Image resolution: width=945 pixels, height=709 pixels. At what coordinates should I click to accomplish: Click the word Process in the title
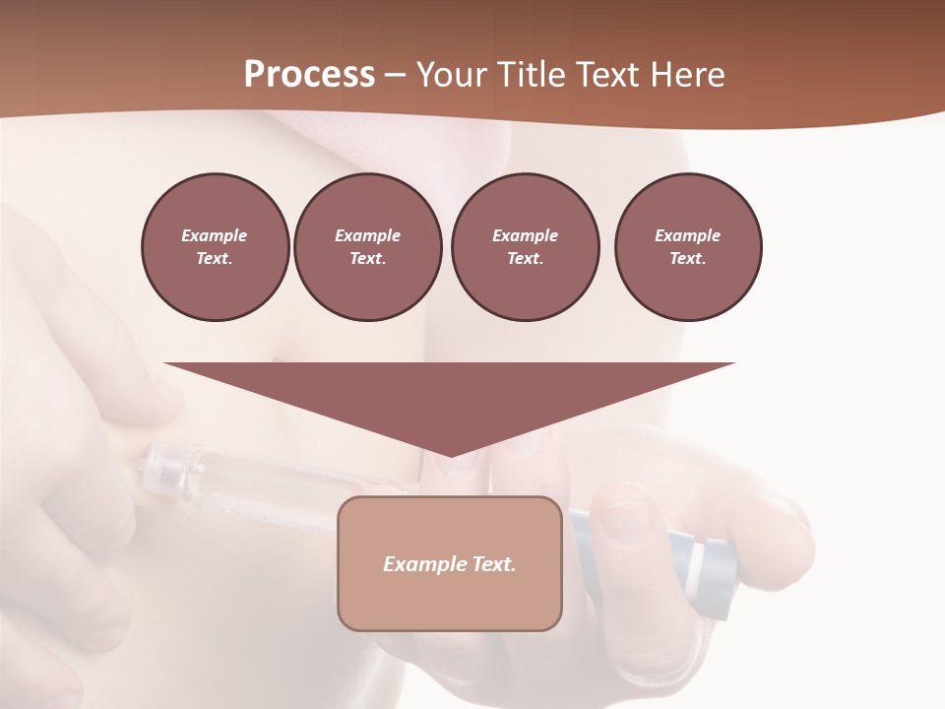click(x=309, y=75)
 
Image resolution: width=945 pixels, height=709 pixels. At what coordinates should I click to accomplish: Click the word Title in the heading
click(x=530, y=75)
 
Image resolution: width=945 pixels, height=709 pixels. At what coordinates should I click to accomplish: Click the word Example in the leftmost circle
click(x=215, y=235)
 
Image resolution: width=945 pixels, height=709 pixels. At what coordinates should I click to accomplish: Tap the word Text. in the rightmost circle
click(x=688, y=258)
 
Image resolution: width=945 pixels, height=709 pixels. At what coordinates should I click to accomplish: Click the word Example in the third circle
click(x=525, y=235)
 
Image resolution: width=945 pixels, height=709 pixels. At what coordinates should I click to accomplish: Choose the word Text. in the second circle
click(x=367, y=258)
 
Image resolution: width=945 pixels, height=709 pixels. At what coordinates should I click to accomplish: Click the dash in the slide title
click(x=396, y=75)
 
